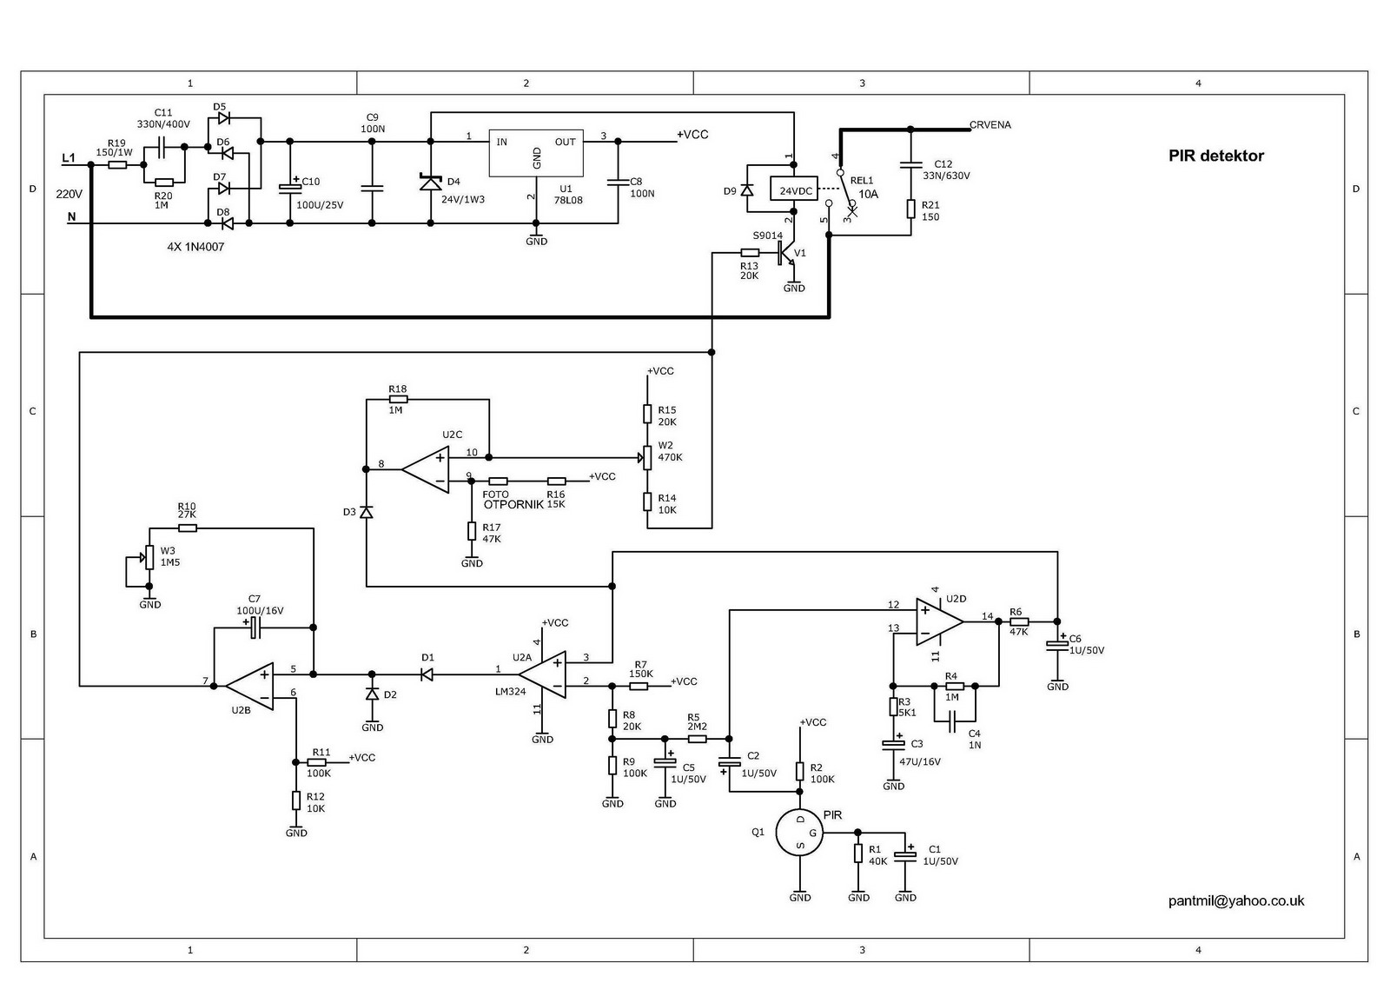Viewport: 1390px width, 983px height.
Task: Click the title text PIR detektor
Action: tap(1215, 156)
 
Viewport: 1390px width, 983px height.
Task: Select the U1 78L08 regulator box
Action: tap(537, 154)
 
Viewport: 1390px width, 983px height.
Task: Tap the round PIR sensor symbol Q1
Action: tap(799, 832)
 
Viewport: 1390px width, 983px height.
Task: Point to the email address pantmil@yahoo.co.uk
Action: tap(1235, 901)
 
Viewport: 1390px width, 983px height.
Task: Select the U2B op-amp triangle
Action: tap(250, 686)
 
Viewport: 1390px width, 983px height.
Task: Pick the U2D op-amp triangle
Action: tap(939, 621)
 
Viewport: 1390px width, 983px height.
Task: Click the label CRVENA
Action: tap(990, 125)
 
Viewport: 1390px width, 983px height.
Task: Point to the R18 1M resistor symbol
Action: tap(398, 400)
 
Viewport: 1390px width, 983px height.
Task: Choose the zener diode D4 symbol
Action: tap(430, 183)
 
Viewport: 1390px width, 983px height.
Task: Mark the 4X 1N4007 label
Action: tap(195, 247)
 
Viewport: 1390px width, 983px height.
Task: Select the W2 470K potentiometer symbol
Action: tap(647, 457)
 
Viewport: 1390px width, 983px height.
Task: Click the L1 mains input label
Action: tap(69, 159)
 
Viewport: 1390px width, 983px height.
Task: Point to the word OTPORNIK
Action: tap(513, 505)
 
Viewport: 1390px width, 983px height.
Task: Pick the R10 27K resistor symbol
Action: tap(188, 528)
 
